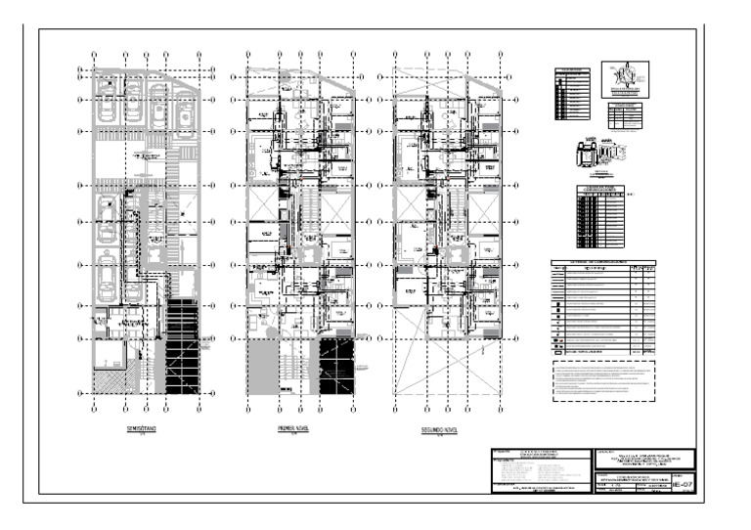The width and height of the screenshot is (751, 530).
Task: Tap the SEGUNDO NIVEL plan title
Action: (x=440, y=428)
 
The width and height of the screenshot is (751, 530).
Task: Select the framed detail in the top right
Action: (x=624, y=79)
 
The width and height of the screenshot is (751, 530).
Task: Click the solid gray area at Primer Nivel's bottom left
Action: (x=262, y=367)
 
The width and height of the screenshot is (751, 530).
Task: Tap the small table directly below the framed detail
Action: (x=623, y=116)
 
